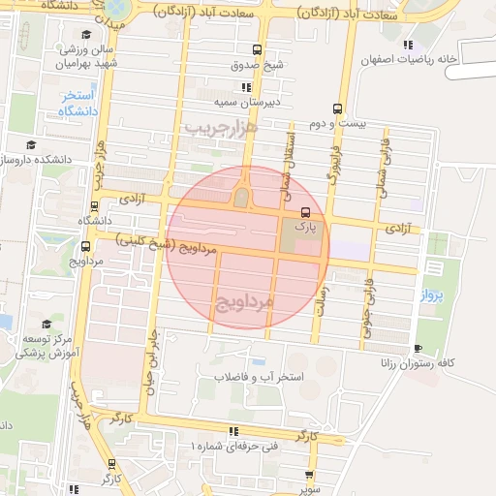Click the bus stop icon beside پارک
pos(306,212)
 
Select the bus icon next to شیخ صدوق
pos(256,50)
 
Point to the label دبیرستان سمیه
pos(246,101)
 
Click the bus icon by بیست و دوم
pos(337,108)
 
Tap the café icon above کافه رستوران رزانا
pos(418,348)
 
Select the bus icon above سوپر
pos(309,475)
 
